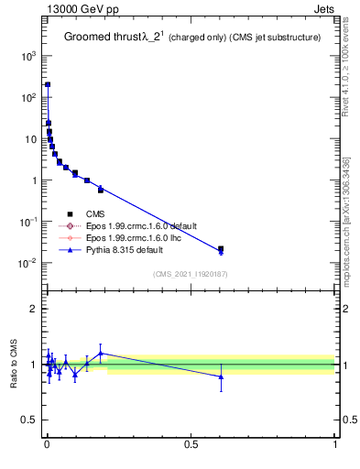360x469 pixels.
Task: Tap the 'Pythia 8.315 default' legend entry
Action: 124,248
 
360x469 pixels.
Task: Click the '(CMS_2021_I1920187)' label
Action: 191,273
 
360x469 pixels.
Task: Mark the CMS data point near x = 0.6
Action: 221,248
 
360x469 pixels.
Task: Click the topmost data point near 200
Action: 48,84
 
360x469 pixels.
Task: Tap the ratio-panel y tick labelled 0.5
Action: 29,420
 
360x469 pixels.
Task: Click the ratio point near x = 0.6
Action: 221,376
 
